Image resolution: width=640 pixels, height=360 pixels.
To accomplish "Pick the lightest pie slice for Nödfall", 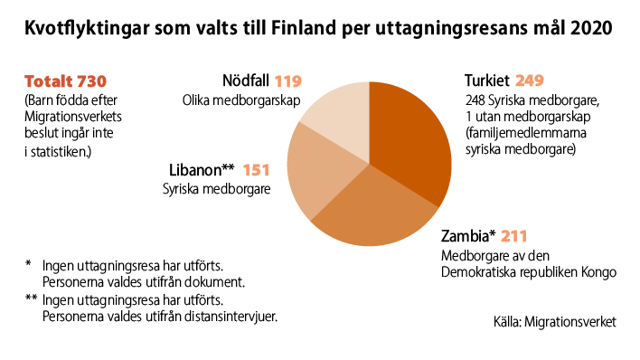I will tap(339, 113).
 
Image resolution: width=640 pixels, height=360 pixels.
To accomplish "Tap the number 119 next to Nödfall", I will tap(288, 81).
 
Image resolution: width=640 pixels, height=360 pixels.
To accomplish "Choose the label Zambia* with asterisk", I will tap(468, 237).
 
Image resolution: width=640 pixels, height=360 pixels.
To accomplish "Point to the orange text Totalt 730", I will tap(60, 81).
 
